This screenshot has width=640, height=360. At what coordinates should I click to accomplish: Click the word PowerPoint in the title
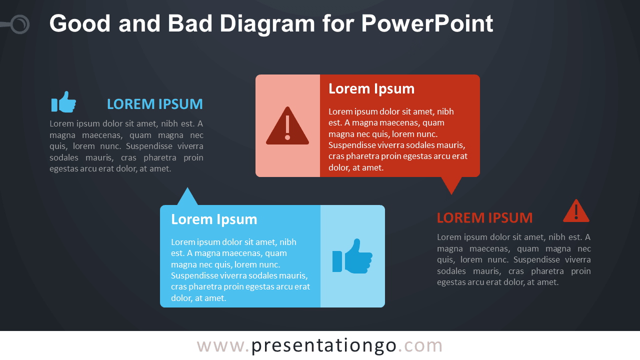(427, 23)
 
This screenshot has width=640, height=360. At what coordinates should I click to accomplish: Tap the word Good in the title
(80, 23)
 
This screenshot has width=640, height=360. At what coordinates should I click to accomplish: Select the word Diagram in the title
(267, 24)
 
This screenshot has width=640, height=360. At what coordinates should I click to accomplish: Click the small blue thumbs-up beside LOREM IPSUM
(63, 101)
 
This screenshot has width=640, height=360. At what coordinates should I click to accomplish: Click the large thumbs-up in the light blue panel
(352, 256)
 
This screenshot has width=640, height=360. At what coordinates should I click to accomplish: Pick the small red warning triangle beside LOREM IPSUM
(576, 211)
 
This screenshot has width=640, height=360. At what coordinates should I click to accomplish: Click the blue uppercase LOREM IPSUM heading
(155, 104)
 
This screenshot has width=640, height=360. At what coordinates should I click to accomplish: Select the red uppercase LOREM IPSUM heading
(484, 217)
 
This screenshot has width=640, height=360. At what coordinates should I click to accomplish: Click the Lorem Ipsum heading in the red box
(371, 89)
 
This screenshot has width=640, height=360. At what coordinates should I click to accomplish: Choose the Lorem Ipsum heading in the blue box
(214, 219)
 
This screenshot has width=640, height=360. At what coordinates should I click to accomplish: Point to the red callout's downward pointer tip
(451, 194)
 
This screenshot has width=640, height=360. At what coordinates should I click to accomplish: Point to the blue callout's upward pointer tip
(187, 187)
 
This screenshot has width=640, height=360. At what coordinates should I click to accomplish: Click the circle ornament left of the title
(20, 24)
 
